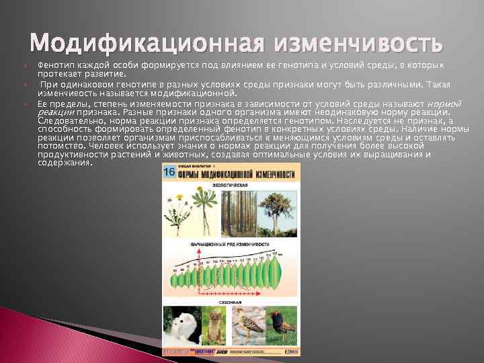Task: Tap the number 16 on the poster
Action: (169, 172)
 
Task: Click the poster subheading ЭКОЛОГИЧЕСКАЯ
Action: (231, 184)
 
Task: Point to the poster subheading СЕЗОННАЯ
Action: (231, 302)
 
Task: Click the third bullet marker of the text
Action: (24, 105)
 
